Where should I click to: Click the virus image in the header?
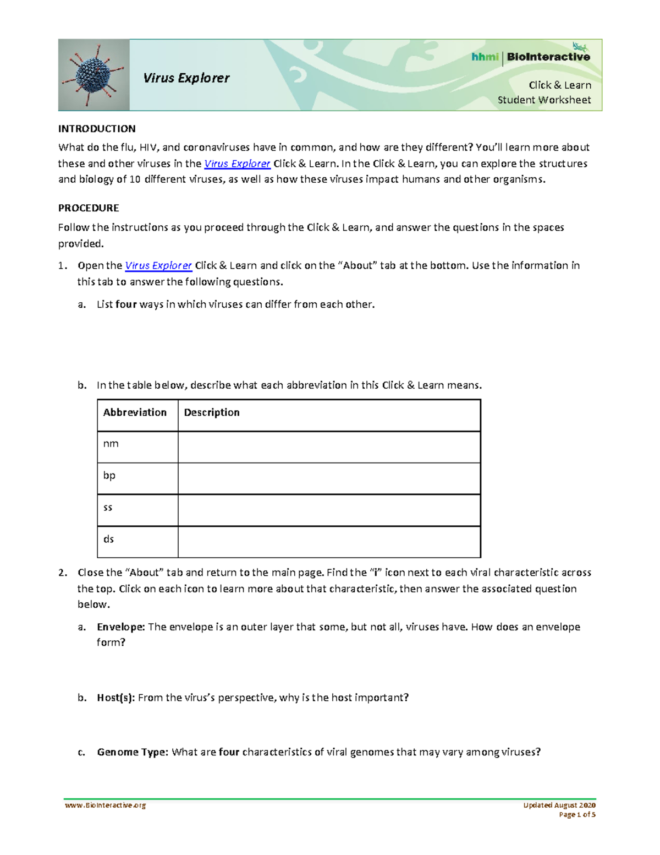tap(94, 75)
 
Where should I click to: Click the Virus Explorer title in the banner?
tap(186, 78)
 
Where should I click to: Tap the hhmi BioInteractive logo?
tap(530, 57)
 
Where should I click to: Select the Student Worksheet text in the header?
tap(544, 100)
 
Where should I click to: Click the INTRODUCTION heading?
tap(97, 129)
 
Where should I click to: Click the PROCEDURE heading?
tap(89, 208)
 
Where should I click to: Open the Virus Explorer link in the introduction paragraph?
tap(237, 164)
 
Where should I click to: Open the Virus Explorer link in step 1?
tap(158, 265)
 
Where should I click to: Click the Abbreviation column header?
tap(135, 412)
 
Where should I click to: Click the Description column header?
tap(212, 412)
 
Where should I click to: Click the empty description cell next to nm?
tap(329, 447)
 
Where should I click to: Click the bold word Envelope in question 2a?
tap(120, 627)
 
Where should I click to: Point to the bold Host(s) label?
tap(116, 698)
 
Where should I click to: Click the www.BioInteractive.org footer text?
tap(105, 805)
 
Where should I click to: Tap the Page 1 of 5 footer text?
tap(577, 815)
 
